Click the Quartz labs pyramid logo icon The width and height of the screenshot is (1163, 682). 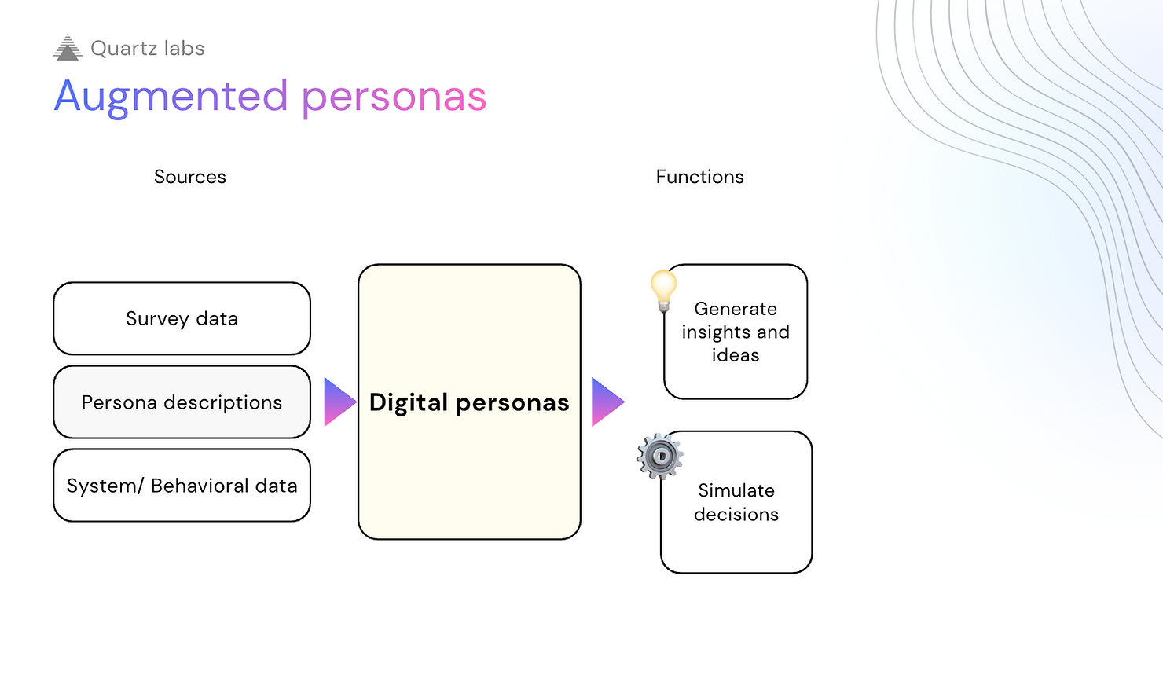(68, 48)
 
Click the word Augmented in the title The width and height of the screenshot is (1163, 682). (171, 97)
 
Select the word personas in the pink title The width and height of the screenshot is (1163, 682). (394, 97)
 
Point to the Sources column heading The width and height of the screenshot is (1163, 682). (190, 177)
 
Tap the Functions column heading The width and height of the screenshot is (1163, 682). (699, 177)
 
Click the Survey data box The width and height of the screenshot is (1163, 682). (182, 318)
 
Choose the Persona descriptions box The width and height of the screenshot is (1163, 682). (182, 402)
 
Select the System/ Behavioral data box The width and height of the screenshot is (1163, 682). (182, 486)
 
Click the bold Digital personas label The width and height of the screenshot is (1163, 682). (469, 402)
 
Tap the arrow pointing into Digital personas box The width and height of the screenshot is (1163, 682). (339, 401)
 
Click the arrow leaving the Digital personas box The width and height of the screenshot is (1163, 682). (607, 401)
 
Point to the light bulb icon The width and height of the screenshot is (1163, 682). (663, 290)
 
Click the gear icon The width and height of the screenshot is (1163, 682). (659, 456)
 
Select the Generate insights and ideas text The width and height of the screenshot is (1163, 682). (736, 332)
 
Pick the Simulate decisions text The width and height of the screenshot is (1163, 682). (736, 502)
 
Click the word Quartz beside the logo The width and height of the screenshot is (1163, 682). (124, 49)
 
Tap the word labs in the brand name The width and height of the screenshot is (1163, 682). (184, 49)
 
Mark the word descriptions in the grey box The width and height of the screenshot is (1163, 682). (222, 403)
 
